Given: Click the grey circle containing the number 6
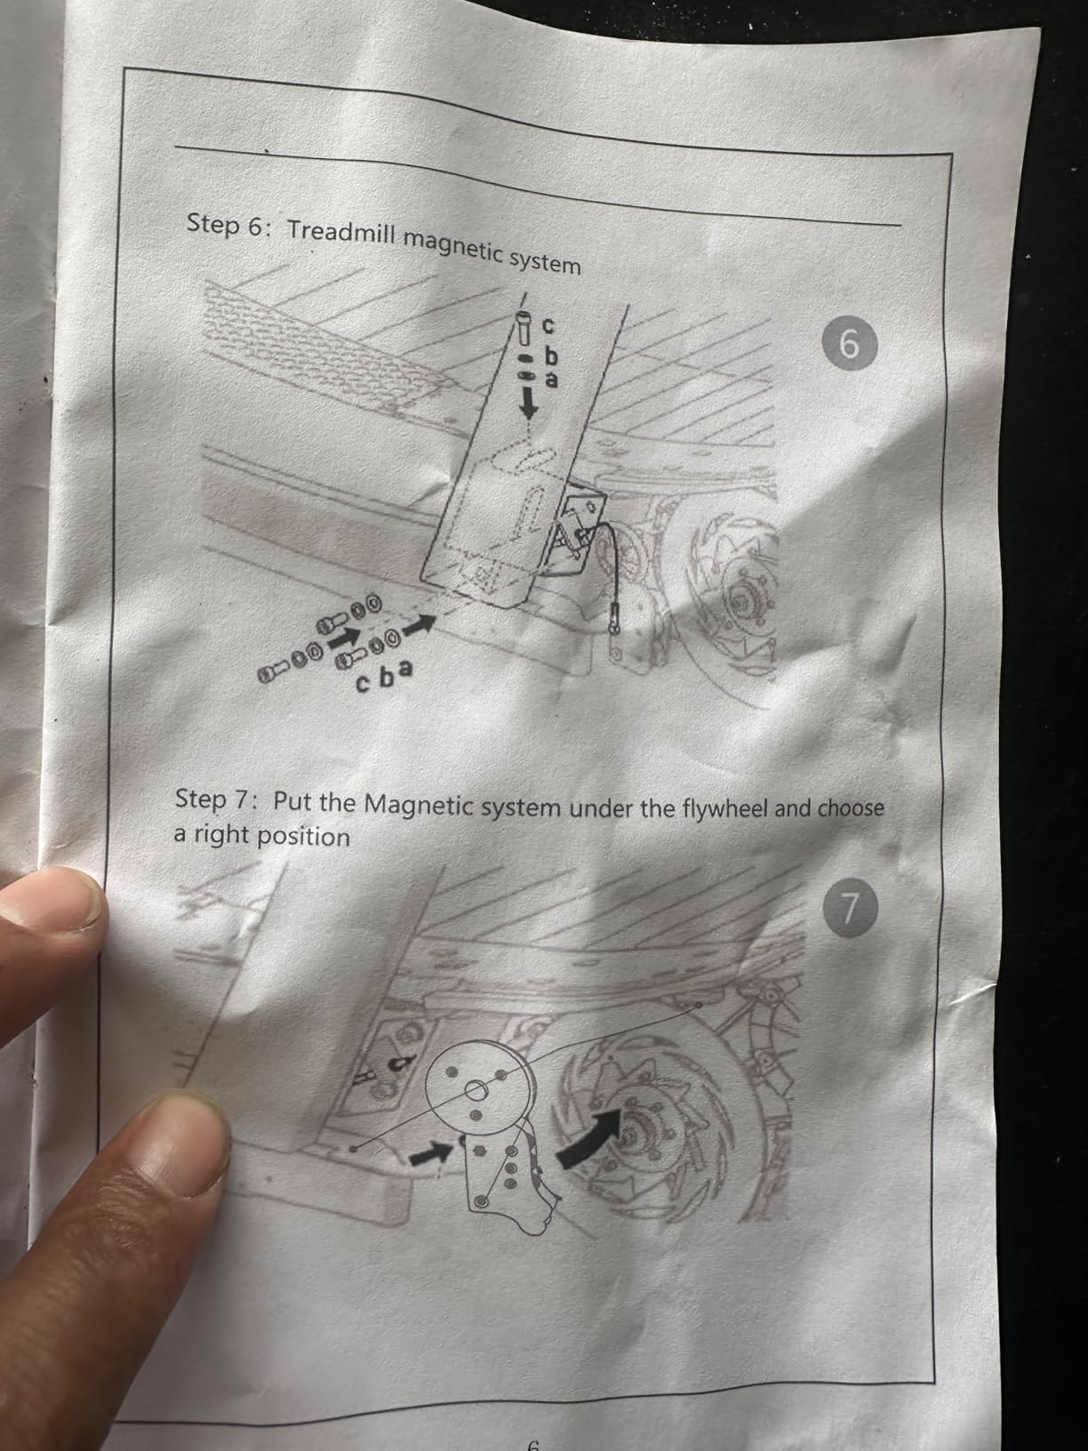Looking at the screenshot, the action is tap(850, 345).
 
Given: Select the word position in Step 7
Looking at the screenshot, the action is tap(303, 837).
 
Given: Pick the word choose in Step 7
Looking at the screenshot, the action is tap(850, 808).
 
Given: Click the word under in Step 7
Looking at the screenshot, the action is tap(593, 807).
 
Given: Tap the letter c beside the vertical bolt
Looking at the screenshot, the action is tap(548, 325).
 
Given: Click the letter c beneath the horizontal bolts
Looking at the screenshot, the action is tap(363, 684).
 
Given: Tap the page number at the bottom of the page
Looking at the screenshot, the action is tap(533, 1445).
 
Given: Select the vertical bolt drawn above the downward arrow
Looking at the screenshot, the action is tap(523, 328).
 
